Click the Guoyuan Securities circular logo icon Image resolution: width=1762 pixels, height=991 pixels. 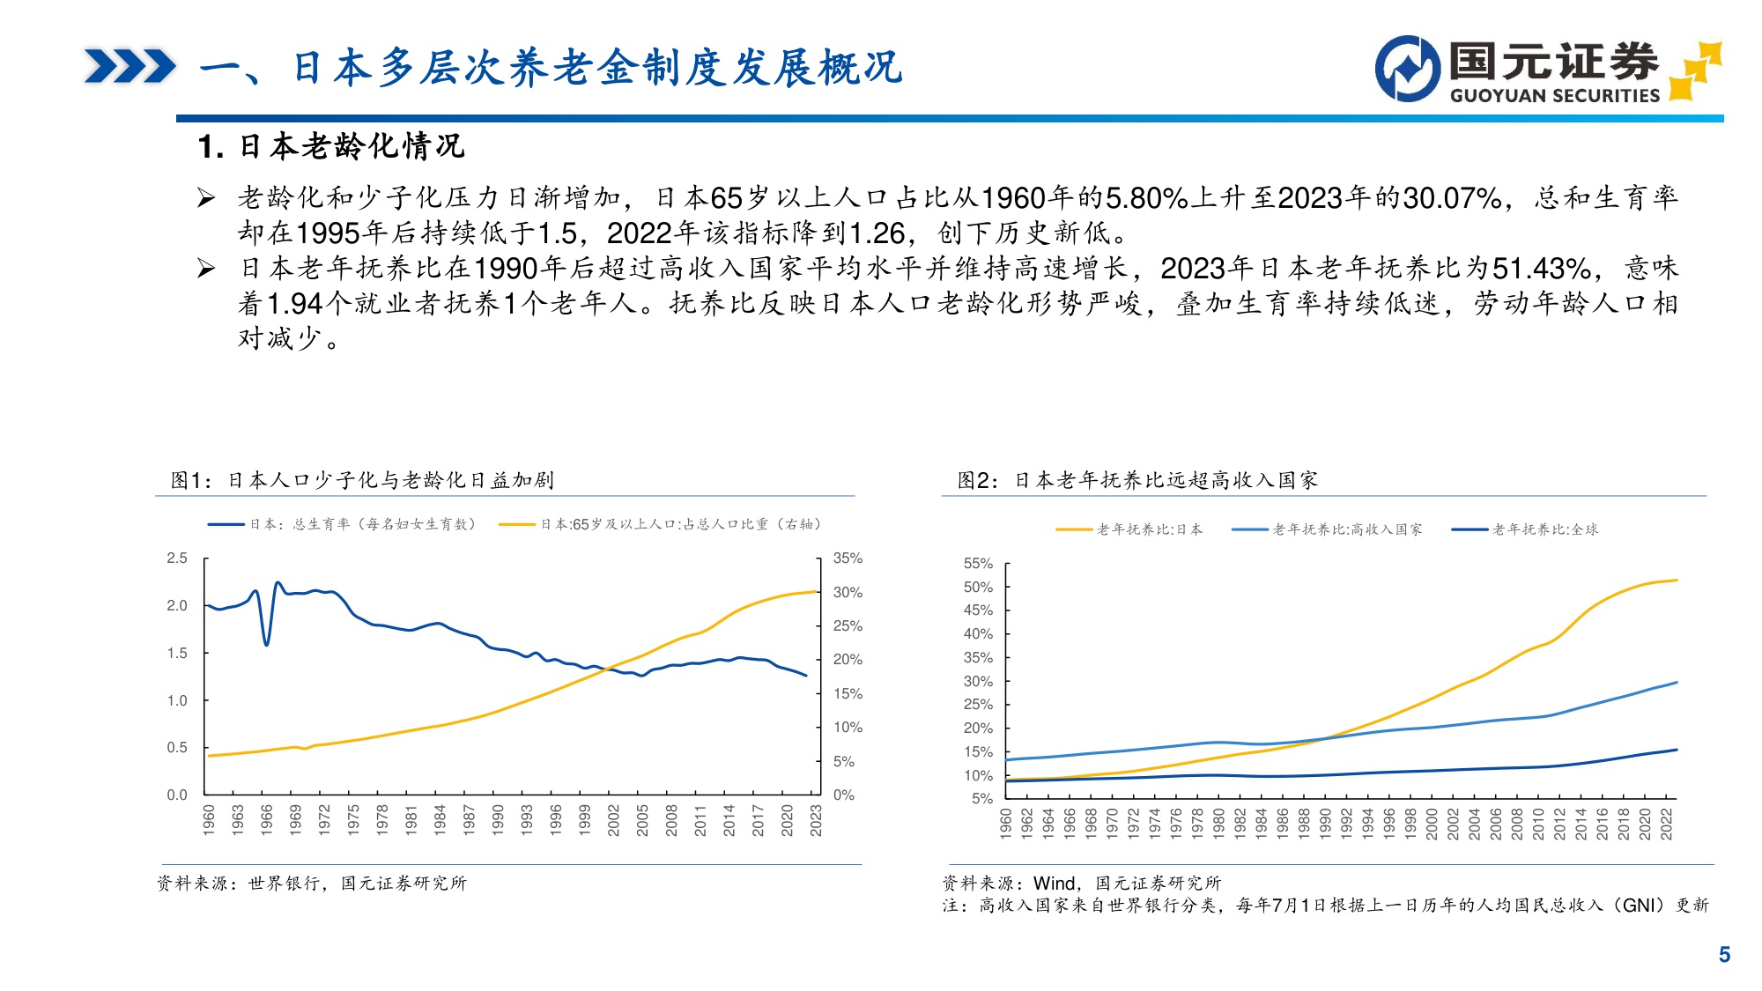[x=1407, y=69]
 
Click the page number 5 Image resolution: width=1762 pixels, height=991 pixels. [x=1724, y=955]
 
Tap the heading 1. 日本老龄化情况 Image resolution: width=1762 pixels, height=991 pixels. [x=331, y=146]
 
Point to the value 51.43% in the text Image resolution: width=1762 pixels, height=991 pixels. [x=1541, y=269]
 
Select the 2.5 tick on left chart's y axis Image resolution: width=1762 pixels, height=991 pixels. [x=177, y=558]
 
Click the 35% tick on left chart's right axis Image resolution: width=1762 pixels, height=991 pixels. [x=848, y=558]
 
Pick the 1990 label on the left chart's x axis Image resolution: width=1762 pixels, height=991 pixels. [x=498, y=819]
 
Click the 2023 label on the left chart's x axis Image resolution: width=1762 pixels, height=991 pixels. [x=816, y=819]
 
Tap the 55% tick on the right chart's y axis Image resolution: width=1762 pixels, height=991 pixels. [x=978, y=564]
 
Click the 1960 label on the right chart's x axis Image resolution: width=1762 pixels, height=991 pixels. [x=1006, y=823]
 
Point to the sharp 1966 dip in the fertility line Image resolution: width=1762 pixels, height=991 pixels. [x=266, y=643]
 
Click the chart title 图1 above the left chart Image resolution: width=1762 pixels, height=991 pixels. [x=361, y=480]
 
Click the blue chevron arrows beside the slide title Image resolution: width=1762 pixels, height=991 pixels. [x=130, y=67]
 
